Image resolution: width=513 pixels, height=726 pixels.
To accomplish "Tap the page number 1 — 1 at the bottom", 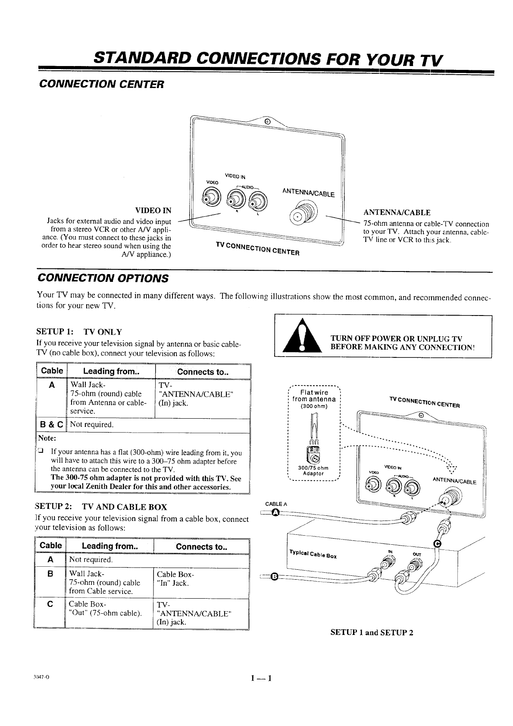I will [x=260, y=678].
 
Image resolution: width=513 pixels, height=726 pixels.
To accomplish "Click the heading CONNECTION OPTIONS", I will [x=103, y=278].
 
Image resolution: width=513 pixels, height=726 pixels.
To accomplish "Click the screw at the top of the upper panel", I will [x=267, y=121].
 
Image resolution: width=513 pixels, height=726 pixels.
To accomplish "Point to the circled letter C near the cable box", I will [x=437, y=544].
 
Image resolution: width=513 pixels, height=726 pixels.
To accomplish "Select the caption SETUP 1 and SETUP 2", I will [x=372, y=632].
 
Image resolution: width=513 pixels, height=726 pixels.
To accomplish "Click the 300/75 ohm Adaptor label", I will [x=313, y=470].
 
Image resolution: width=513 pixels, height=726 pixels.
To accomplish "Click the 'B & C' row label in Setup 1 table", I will [x=51, y=425].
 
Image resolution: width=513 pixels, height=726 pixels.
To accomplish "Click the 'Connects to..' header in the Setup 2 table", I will [x=201, y=546].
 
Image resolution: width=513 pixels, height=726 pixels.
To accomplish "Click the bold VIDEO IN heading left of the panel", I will [x=153, y=211].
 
